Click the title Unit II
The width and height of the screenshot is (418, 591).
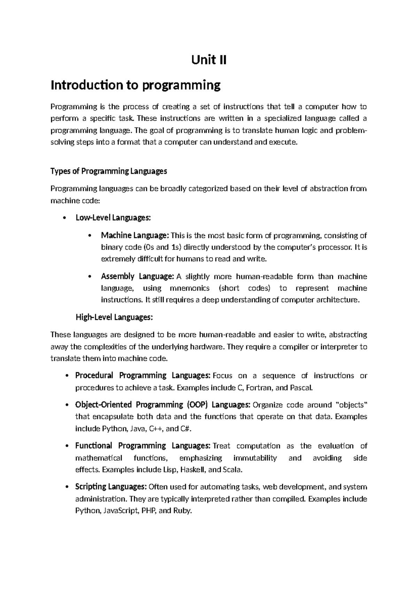point(209,60)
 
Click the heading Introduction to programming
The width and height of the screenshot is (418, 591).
point(136,85)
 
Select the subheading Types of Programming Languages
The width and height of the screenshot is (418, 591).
point(109,171)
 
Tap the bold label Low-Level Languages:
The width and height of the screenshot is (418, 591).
point(113,218)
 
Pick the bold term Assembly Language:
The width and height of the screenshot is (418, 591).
point(137,277)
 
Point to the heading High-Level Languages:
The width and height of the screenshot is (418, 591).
point(114,317)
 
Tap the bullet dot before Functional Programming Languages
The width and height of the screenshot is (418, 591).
point(66,446)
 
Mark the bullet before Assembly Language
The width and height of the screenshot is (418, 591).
point(90,277)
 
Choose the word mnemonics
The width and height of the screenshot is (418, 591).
point(189,288)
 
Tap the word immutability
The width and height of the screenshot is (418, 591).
point(255,458)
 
